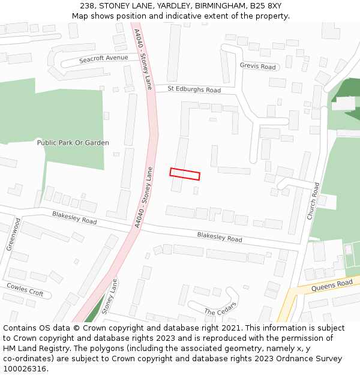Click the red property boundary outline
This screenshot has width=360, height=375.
coord(185,174)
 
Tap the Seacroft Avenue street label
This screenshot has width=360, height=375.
coord(104,59)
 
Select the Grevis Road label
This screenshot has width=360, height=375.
coord(257,67)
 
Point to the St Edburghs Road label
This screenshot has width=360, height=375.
coord(194,89)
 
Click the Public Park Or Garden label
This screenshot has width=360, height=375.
coord(73,143)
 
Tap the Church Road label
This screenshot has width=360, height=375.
coord(313,201)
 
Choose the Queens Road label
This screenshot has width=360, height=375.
coord(332,286)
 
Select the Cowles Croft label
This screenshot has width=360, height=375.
coord(25,290)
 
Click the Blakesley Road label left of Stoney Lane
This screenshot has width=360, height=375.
coord(74,217)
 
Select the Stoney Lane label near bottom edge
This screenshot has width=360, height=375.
coord(109,296)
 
